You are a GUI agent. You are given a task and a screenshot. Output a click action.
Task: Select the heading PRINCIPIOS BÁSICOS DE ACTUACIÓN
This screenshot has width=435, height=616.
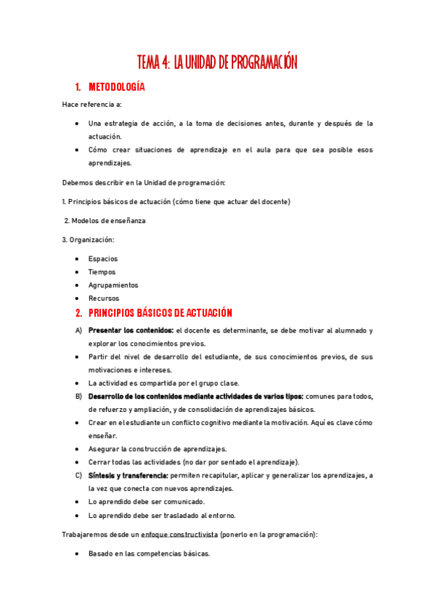(x=160, y=313)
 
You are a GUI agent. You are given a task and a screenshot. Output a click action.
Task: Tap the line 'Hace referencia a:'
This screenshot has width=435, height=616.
(x=92, y=105)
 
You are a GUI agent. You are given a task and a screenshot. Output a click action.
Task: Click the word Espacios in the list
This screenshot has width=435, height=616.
(x=103, y=259)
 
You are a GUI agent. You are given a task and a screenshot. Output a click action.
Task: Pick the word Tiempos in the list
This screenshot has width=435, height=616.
(x=102, y=272)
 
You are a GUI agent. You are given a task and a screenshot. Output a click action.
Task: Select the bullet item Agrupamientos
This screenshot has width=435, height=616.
(x=113, y=285)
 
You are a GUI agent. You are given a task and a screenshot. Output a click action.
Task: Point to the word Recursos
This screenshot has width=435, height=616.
(x=104, y=298)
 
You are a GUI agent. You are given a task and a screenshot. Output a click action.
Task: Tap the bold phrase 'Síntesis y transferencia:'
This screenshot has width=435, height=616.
(x=128, y=476)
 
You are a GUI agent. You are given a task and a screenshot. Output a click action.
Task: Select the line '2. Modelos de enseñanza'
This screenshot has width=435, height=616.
(x=105, y=221)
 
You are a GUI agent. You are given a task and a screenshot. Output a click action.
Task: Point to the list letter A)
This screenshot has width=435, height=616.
(x=78, y=331)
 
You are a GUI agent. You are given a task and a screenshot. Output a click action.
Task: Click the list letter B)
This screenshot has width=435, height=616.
(x=78, y=397)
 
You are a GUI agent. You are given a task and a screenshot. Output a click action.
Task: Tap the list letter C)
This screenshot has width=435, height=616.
(x=78, y=476)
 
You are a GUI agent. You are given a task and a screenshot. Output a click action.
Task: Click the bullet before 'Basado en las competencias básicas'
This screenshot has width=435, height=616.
(x=78, y=554)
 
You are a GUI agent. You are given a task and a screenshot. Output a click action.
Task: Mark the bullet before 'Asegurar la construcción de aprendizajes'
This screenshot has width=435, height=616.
(x=78, y=449)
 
